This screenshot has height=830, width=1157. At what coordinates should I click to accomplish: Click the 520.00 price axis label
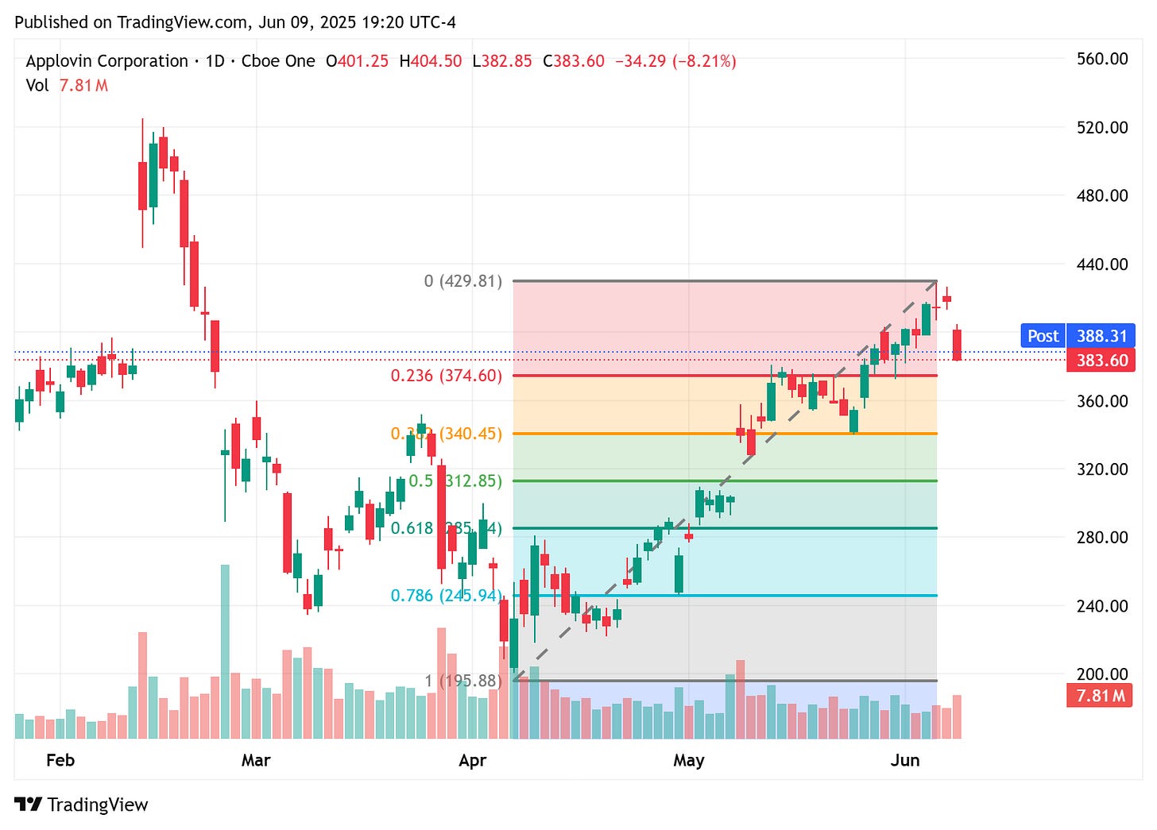pos(1101,127)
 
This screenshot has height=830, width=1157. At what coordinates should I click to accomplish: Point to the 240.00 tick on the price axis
pos(1101,606)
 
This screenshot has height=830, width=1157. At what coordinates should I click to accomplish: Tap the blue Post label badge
pos(1043,336)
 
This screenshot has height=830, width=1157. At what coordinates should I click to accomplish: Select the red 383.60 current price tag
pos(1101,361)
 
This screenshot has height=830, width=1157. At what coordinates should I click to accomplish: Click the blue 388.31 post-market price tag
pos(1101,336)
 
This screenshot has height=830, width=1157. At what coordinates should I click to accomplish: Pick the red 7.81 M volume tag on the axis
pos(1100,697)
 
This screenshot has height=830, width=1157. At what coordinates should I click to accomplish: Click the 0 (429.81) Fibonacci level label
pos(462,281)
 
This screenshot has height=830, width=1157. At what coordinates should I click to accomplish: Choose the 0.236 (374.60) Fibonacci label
pos(446,376)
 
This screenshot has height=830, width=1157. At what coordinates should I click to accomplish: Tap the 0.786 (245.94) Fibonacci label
pos(446,596)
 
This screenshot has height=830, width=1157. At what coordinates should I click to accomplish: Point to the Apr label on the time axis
pos(472,761)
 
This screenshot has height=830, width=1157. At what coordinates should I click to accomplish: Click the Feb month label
pos(60,761)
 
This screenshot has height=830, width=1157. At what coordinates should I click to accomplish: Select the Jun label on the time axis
pos(905,761)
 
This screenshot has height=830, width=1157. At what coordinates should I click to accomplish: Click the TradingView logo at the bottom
pos(81,805)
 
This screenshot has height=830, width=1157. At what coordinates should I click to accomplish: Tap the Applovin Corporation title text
pos(106,61)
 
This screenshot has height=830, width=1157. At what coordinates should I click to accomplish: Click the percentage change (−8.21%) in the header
pos(704,61)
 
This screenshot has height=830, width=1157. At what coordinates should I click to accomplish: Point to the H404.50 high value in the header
pos(430,61)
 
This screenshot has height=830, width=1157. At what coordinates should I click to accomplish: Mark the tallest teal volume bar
pos(225,651)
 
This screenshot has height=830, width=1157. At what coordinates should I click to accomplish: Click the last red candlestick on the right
pos(958,345)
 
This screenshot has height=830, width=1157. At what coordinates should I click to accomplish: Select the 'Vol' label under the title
pos(37,85)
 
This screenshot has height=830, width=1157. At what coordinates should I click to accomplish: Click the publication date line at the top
pos(235,22)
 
